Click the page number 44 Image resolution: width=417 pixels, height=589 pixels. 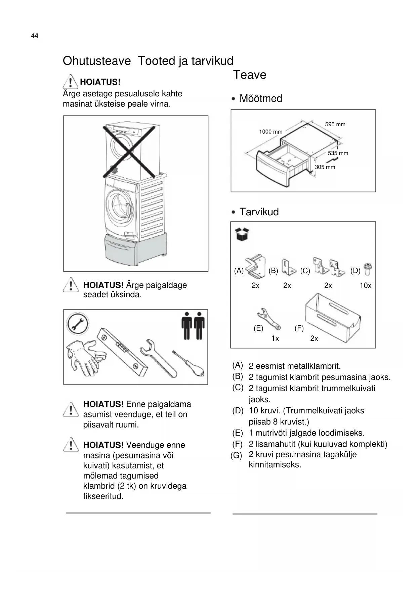[x=35, y=36]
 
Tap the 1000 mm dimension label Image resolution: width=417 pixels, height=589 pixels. [x=270, y=132]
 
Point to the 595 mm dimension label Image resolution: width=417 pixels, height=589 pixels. [x=335, y=124]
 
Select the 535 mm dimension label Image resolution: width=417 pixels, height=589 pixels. [x=338, y=153]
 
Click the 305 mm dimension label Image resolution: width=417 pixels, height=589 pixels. [x=325, y=167]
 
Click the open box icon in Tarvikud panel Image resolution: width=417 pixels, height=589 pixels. [x=243, y=234]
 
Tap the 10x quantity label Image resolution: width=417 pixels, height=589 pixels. [x=365, y=285]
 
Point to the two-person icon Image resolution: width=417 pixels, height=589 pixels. [x=193, y=325]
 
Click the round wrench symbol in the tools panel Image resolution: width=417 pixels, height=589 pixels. [x=78, y=324]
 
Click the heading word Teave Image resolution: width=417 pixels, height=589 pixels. [x=250, y=75]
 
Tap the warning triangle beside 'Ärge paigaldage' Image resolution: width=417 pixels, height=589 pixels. [x=71, y=285]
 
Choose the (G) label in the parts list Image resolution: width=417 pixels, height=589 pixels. [x=236, y=455]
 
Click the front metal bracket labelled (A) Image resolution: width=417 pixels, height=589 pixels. [x=255, y=267]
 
